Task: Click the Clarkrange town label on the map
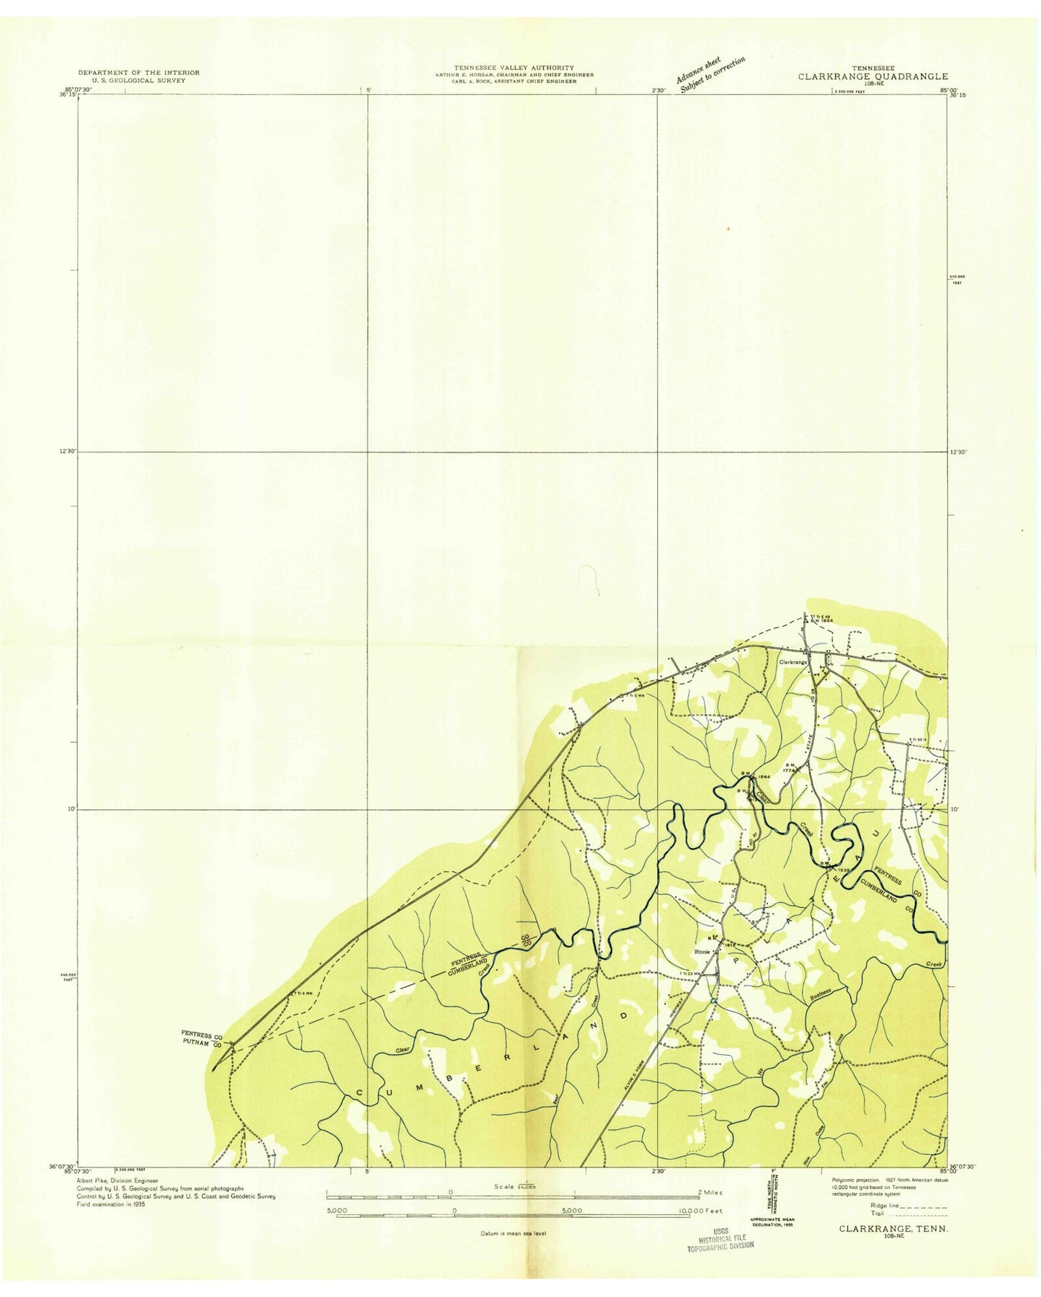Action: [791, 661]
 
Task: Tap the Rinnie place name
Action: [702, 952]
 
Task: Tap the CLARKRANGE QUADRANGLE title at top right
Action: [872, 76]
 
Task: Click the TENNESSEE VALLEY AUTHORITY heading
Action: [513, 68]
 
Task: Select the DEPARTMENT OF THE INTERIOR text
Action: [138, 73]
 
